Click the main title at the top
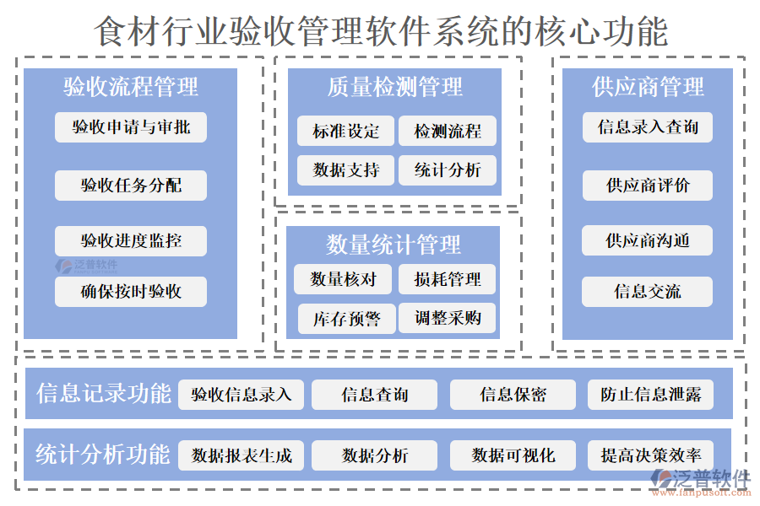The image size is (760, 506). click(380, 31)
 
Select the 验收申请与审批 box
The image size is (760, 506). click(131, 127)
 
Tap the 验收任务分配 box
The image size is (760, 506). click(131, 186)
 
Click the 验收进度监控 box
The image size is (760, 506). click(131, 240)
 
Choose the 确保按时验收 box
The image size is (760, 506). click(131, 292)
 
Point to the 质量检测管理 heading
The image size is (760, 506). click(395, 87)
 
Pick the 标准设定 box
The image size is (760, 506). click(346, 131)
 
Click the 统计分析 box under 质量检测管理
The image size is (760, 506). click(448, 170)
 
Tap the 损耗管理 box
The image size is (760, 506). click(448, 279)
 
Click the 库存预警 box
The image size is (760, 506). click(346, 319)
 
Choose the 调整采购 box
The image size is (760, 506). click(448, 318)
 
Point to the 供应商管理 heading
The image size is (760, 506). click(648, 87)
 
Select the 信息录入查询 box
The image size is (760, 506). click(648, 127)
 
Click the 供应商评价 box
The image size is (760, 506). click(648, 186)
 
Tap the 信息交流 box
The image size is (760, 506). click(648, 292)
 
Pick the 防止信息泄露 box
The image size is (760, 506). click(650, 394)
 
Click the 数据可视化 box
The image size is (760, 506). click(513, 455)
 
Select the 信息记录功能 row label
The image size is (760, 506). click(103, 394)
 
